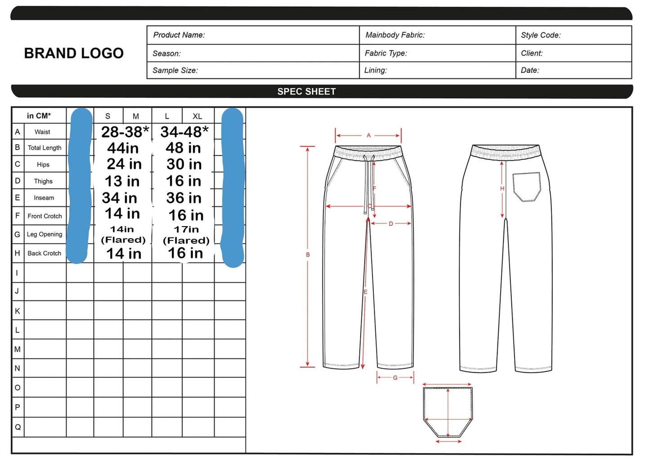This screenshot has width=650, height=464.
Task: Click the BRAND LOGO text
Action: pyautogui.click(x=74, y=54)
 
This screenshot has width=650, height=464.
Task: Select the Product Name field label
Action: pyautogui.click(x=179, y=35)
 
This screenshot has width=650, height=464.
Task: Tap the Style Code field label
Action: pyautogui.click(x=541, y=35)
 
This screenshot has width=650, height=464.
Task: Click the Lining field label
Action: pyautogui.click(x=376, y=70)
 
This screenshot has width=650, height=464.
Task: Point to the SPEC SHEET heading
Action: pyautogui.click(x=306, y=92)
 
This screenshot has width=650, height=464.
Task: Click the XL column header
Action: pyautogui.click(x=197, y=116)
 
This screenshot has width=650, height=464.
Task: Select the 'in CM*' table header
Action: pyautogui.click(x=39, y=116)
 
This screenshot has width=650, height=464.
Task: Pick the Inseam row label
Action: pyautogui.click(x=44, y=198)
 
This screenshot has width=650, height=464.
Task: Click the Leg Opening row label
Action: pyautogui.click(x=45, y=234)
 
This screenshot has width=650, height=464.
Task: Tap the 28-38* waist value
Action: pyautogui.click(x=125, y=132)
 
